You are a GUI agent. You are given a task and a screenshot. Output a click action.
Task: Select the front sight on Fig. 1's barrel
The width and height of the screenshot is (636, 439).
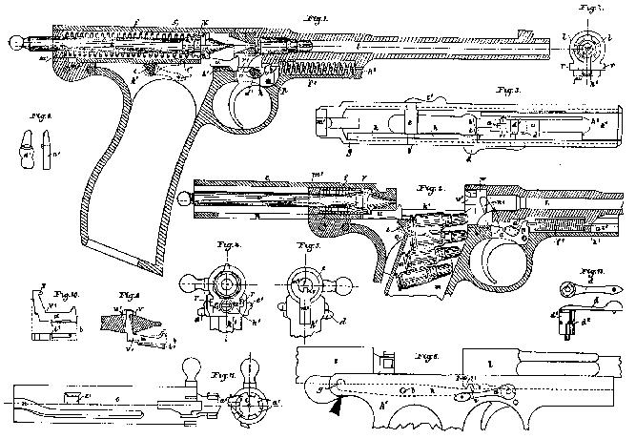coord(520,32)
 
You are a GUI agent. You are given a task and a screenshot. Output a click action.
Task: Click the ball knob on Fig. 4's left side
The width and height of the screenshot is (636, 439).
coord(186,283)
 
